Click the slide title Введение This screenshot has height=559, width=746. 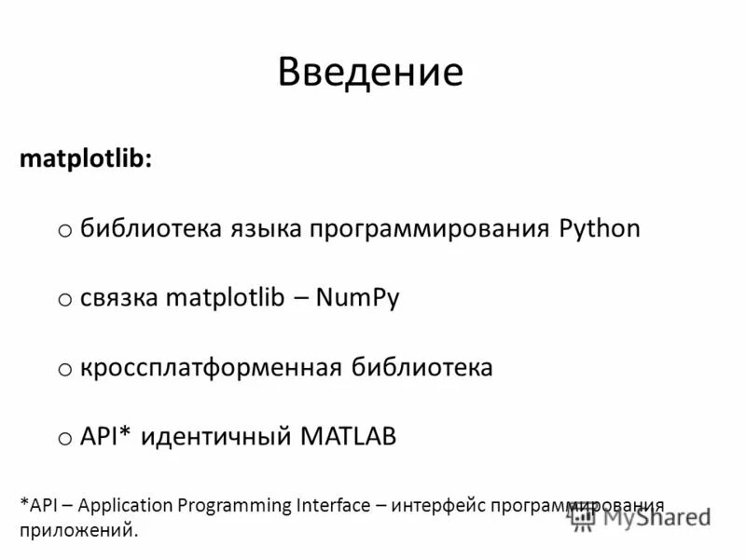pyautogui.click(x=370, y=72)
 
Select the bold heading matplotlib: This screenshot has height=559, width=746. pyautogui.click(x=83, y=159)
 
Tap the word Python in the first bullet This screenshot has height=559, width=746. pyautogui.click(x=600, y=228)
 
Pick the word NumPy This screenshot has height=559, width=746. pyautogui.click(x=358, y=299)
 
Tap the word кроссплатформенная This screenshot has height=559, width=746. pyautogui.click(x=211, y=368)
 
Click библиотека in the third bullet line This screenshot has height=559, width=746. pyautogui.click(x=421, y=367)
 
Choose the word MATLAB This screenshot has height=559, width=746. pyautogui.click(x=348, y=436)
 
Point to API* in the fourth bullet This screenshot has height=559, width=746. pyautogui.click(x=106, y=436)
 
